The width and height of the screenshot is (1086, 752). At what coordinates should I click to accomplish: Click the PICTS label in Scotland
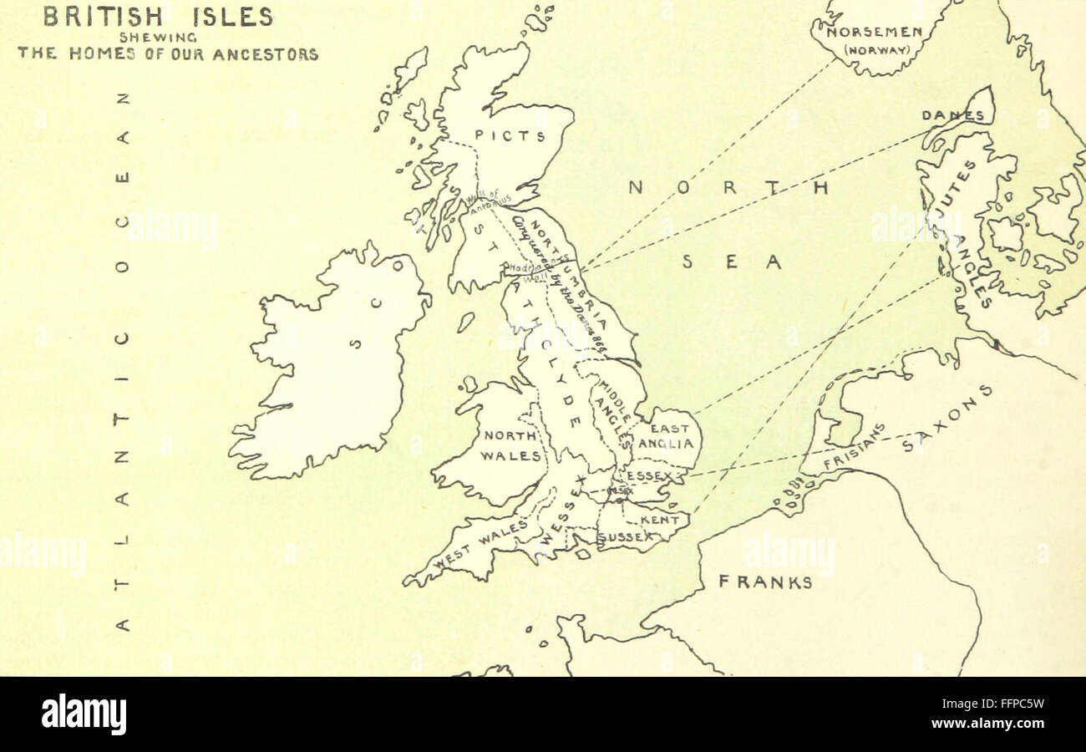pyautogui.click(x=510, y=135)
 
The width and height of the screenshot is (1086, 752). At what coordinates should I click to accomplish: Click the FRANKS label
pyautogui.click(x=765, y=582)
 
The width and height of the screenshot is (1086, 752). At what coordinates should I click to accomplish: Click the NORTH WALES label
pyautogui.click(x=512, y=446)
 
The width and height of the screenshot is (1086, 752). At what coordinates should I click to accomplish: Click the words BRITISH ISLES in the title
pyautogui.click(x=158, y=16)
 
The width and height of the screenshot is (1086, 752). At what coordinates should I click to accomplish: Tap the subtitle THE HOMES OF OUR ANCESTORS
pyautogui.click(x=168, y=54)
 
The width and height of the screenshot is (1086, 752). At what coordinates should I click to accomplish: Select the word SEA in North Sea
pyautogui.click(x=732, y=262)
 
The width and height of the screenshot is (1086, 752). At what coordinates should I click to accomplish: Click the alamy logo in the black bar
pyautogui.click(x=84, y=714)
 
